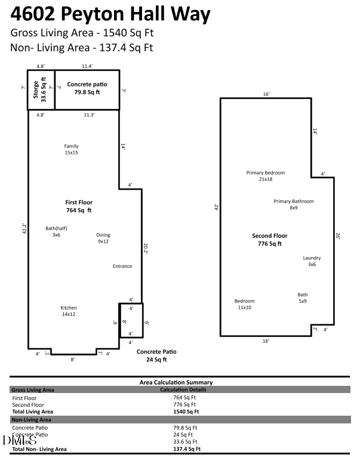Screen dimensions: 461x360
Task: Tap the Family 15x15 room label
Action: [71, 149]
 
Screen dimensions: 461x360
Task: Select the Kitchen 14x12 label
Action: [68, 311]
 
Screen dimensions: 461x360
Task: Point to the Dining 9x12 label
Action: [103, 238]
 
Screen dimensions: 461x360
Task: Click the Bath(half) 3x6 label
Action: [56, 231]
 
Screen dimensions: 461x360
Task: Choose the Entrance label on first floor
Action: [122, 266]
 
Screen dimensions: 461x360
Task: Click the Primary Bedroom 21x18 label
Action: [266, 176]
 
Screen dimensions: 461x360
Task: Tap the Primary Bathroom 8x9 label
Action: [293, 205]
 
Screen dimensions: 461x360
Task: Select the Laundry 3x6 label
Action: [312, 261]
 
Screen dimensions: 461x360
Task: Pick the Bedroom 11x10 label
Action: [244, 304]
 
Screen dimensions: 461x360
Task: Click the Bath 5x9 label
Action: [303, 298]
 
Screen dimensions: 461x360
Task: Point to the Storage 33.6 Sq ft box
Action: [41, 90]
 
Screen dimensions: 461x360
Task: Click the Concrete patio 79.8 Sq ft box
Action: [87, 89]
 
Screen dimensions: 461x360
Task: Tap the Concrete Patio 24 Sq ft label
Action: [156, 355]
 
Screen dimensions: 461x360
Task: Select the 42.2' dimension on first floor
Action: [23, 228]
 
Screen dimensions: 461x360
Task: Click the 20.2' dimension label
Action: [145, 247]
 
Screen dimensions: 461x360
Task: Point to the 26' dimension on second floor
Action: [337, 237]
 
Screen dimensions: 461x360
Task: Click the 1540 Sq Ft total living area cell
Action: [186, 412]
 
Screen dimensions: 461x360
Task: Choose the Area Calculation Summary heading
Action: [176, 382]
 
